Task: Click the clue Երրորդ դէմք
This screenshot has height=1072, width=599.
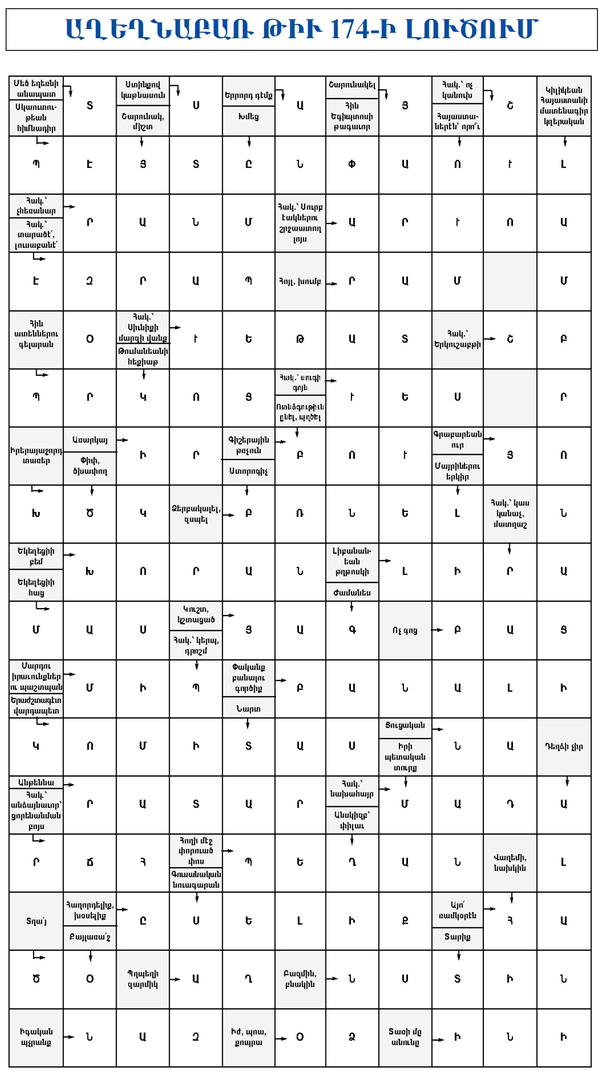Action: click(x=248, y=95)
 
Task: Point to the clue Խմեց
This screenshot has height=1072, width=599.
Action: click(x=248, y=117)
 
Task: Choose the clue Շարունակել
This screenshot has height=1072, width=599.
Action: click(x=352, y=85)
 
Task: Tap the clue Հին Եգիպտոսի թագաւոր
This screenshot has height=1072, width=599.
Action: click(x=352, y=116)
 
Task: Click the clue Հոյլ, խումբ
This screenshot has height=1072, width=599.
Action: click(x=300, y=281)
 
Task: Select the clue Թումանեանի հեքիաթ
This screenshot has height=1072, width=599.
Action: click(x=143, y=356)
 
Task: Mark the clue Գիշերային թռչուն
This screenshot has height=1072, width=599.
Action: click(x=248, y=445)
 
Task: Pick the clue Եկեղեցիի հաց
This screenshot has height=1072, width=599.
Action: click(x=36, y=587)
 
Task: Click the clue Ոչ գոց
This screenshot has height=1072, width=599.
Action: click(x=405, y=630)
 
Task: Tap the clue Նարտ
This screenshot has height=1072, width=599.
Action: click(x=248, y=708)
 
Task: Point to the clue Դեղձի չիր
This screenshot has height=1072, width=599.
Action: click(x=563, y=747)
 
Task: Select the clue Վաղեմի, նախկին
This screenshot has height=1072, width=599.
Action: click(x=510, y=863)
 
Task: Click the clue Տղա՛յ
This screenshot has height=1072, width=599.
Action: click(x=36, y=921)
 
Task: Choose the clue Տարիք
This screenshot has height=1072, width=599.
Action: click(x=457, y=937)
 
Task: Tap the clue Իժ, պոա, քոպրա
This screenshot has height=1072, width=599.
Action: click(x=248, y=1037)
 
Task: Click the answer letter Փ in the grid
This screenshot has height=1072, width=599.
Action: click(x=352, y=164)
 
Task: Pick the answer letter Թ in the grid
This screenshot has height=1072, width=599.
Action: click(x=300, y=339)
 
